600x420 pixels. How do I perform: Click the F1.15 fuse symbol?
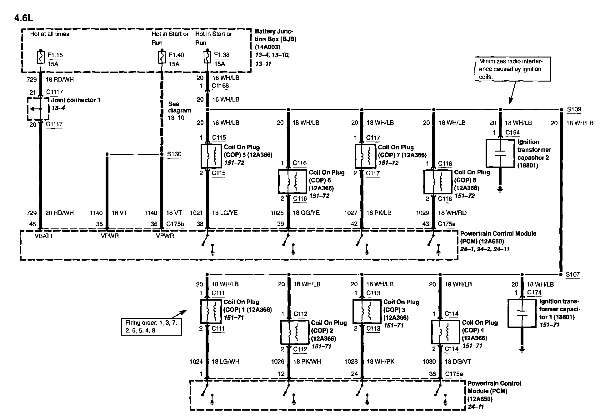40,57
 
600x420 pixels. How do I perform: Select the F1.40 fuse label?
176,55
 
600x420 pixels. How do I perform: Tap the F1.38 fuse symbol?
207,57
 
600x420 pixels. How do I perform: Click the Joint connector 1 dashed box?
38,109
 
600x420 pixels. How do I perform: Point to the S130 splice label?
174,154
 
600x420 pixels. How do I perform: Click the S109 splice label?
574,109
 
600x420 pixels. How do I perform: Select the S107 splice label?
572,274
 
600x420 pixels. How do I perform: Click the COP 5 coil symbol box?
211,155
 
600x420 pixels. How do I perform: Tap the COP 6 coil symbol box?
292,181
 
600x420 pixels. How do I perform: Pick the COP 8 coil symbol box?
437,182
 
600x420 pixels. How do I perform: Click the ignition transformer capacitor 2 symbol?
500,153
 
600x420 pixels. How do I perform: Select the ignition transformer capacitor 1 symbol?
522,313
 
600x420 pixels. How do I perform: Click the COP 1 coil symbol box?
211,311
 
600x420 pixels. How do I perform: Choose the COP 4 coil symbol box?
445,332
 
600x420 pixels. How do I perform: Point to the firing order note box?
152,327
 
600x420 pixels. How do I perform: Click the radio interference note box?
512,69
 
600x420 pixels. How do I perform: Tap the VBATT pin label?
44,236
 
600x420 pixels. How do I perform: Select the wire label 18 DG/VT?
458,362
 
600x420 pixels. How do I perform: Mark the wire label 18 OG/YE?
306,213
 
